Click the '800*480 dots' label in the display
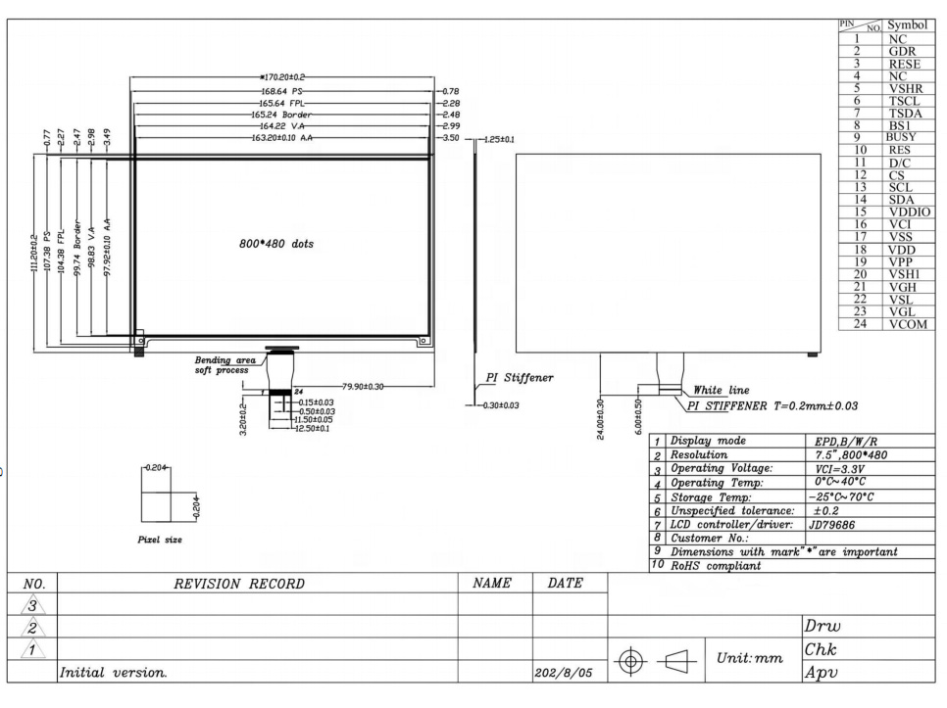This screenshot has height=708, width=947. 276,244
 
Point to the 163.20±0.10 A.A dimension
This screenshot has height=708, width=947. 282,138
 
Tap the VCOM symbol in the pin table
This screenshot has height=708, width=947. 908,324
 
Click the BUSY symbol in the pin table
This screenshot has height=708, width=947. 901,137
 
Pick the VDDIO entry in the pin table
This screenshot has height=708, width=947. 910,212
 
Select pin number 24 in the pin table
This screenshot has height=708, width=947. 860,324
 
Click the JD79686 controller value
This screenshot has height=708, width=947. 831,525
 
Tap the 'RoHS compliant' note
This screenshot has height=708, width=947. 715,566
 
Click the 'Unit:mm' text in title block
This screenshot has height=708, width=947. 750,658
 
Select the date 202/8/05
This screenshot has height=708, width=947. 563,673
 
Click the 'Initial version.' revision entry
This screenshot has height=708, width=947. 113,673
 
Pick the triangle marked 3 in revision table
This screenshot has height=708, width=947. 32,605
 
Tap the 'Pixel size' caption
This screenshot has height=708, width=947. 160,540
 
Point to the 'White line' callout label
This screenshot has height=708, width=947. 722,390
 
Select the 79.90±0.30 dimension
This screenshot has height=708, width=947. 363,387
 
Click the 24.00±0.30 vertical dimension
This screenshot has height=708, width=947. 600,419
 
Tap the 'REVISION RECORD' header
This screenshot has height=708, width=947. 239,584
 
